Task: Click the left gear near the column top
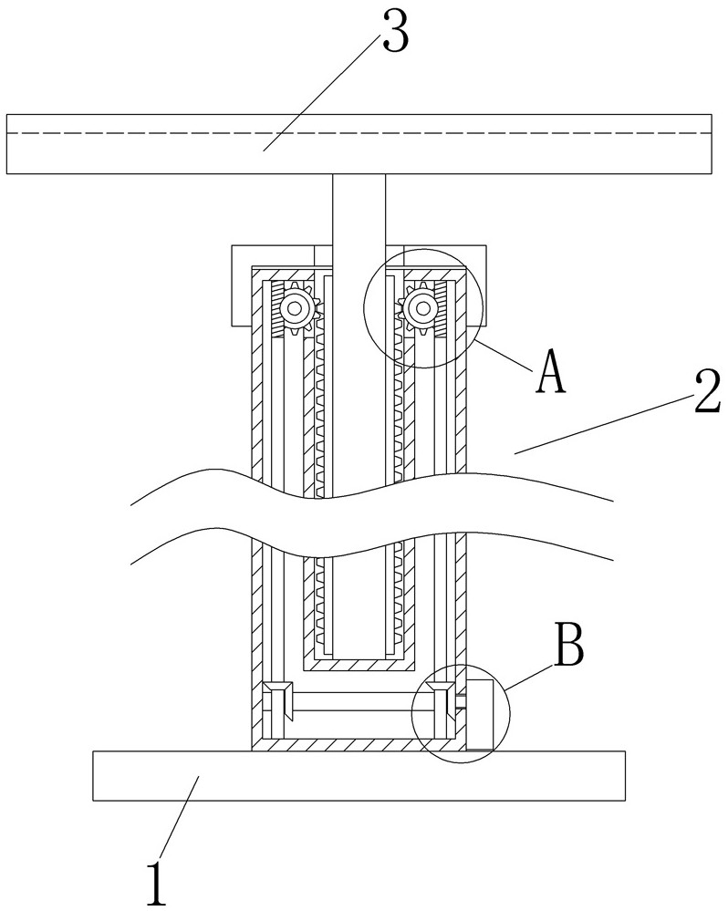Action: (295, 310)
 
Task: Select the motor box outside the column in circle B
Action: (480, 714)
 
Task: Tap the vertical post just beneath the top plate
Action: (359, 210)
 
